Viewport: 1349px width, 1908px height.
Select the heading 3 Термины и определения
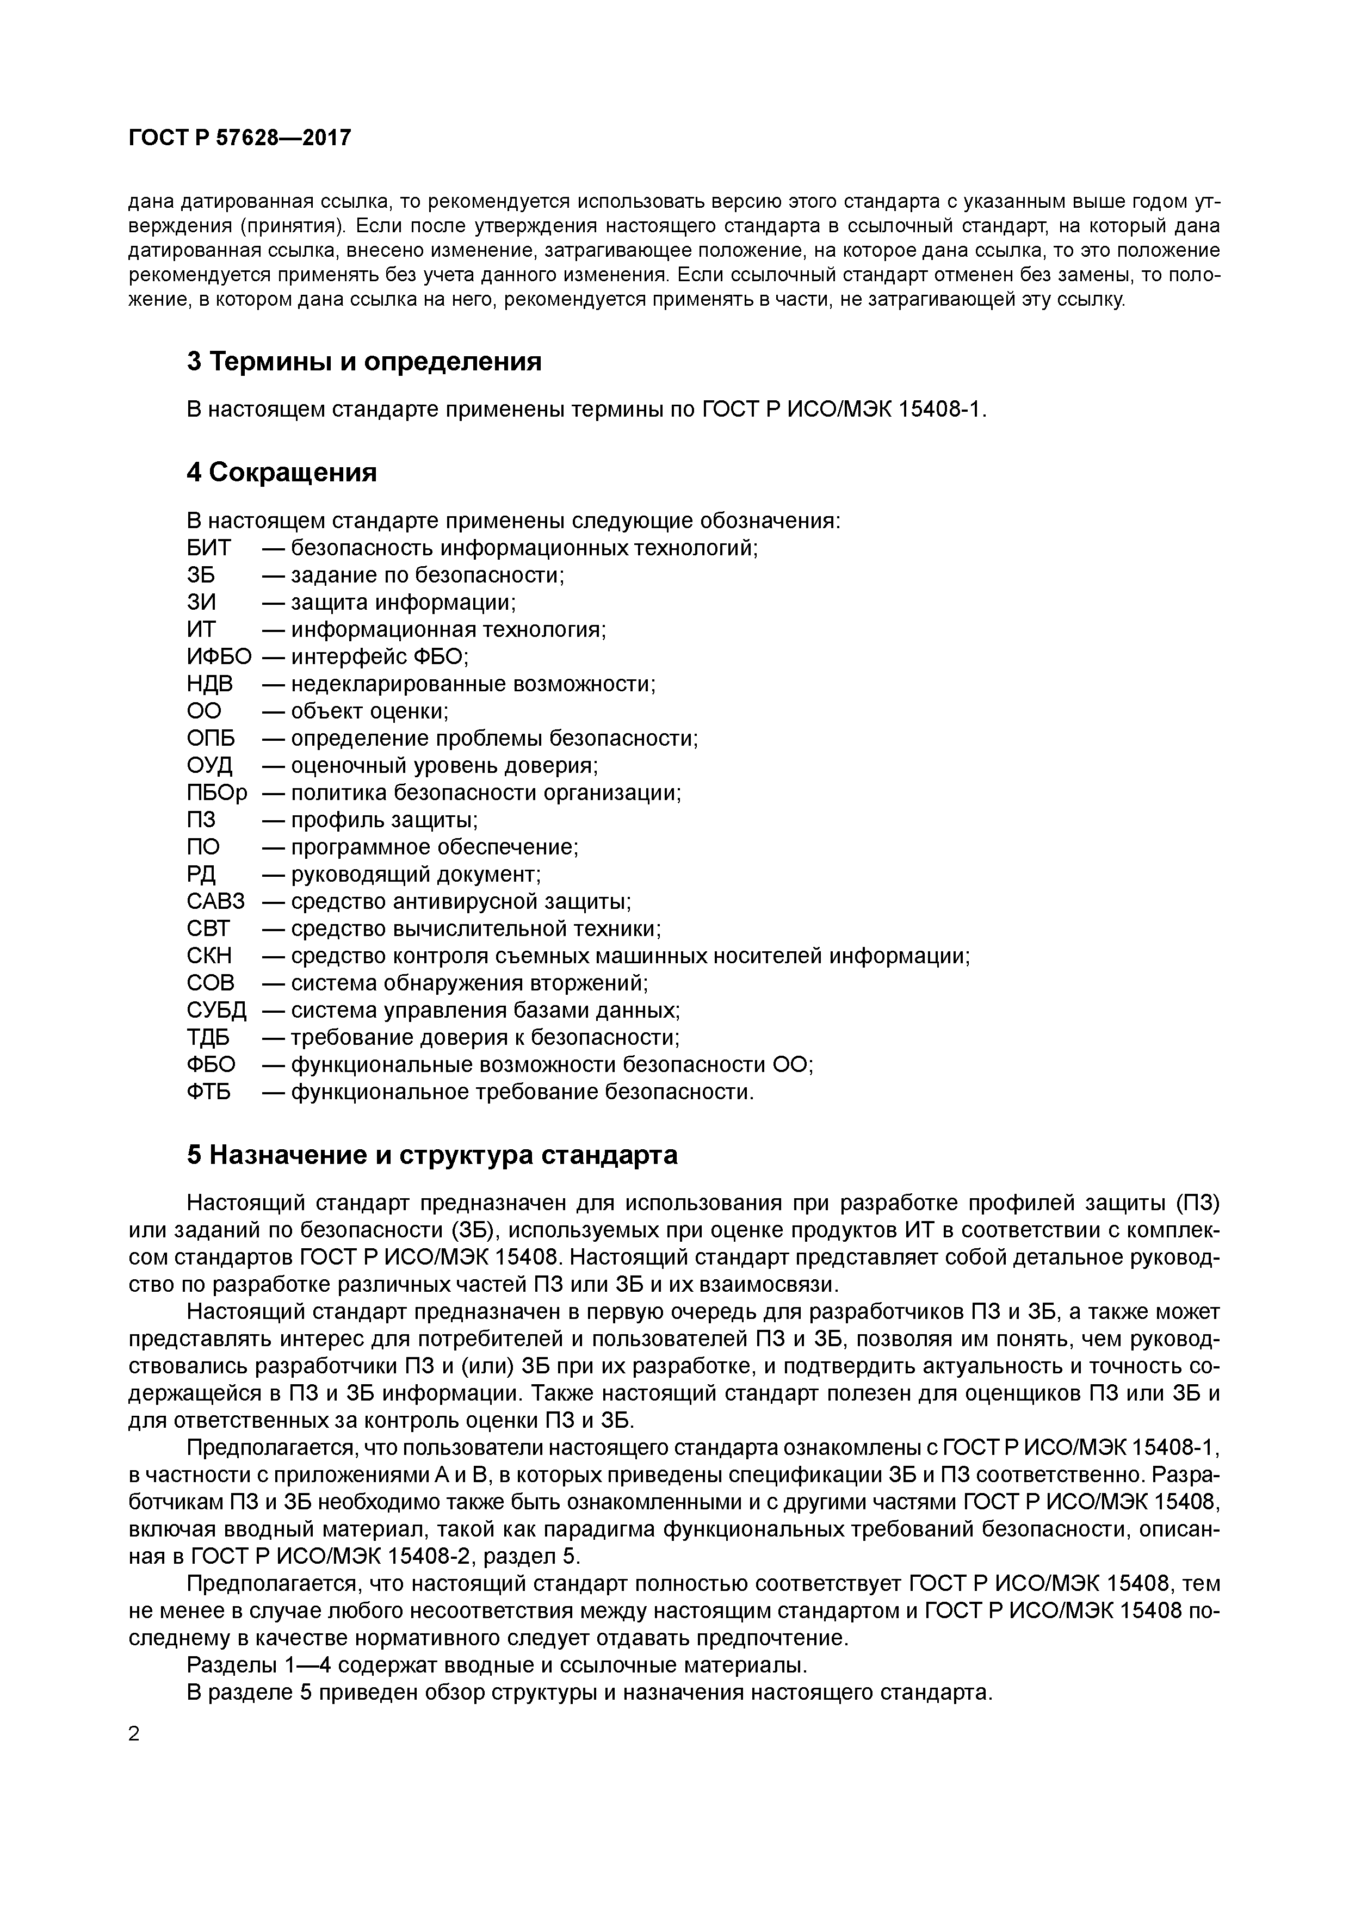coord(364,362)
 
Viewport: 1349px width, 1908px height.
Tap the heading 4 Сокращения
coord(282,472)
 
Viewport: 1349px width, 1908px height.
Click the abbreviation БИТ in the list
coord(209,548)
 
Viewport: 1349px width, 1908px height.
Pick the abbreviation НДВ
coord(209,684)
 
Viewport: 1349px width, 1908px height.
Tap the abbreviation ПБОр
coord(217,793)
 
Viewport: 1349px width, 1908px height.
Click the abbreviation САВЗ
coord(215,902)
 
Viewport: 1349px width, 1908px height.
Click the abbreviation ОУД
coord(209,765)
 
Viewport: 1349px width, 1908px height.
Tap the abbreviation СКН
coord(209,956)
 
